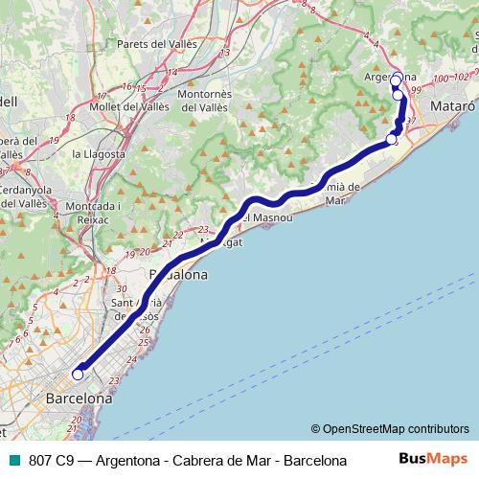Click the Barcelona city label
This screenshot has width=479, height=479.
click(x=79, y=398)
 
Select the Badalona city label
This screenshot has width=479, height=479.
click(x=178, y=274)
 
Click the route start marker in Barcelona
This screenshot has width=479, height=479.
click(x=78, y=375)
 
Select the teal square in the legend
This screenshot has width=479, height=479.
click(x=11, y=460)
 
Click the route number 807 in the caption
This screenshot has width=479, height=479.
click(x=40, y=460)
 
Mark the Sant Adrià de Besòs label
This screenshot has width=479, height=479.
click(x=134, y=308)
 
